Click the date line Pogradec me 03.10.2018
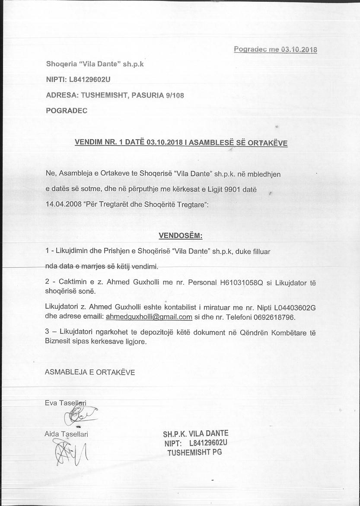tap(275, 49)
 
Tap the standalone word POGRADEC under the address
tap(67, 110)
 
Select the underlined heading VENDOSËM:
tap(181, 236)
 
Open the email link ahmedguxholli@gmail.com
tap(149, 317)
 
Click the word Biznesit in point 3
tap(58, 341)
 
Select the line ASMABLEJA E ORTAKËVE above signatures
tap(90, 372)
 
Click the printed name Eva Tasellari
tap(65, 403)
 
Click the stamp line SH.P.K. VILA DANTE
tap(196, 434)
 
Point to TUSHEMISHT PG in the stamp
tap(195, 452)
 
